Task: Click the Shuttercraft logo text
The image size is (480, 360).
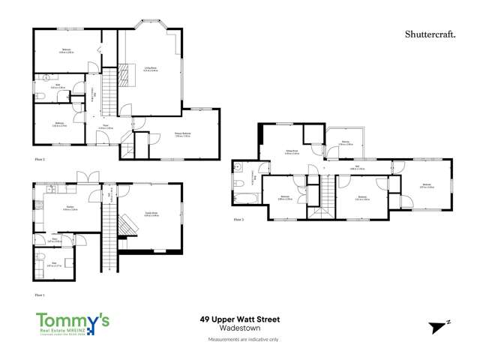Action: pos(428,34)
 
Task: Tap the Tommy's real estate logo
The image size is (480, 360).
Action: pos(73,322)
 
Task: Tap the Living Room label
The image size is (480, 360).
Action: pos(150,69)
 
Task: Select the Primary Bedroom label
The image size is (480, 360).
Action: pos(184,135)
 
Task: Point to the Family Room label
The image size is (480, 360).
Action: pos(149,214)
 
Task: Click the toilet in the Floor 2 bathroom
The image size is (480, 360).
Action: pos(46,76)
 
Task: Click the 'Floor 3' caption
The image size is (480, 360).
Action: pos(238,220)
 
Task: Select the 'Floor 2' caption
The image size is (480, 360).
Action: pos(40,159)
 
